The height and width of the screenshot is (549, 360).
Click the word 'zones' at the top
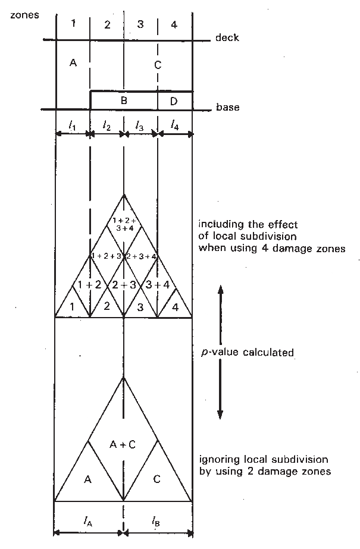tap(24, 15)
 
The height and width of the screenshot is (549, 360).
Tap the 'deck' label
tap(227, 37)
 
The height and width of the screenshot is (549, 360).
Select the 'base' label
tap(228, 107)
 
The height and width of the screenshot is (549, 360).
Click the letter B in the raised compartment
tap(124, 101)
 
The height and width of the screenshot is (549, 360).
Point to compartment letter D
tap(174, 101)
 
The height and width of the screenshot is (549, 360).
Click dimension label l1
tap(73, 126)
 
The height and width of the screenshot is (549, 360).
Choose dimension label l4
tap(174, 125)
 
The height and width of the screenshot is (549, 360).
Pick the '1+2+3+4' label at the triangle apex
tap(124, 224)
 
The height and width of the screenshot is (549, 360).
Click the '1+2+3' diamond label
tap(107, 256)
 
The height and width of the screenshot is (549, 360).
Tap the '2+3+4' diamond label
tap(141, 256)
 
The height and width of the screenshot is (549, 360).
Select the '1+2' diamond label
tap(89, 285)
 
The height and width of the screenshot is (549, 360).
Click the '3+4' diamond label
tap(158, 285)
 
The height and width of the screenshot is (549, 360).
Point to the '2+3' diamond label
tap(124, 285)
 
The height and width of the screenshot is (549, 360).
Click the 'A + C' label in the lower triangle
tap(123, 444)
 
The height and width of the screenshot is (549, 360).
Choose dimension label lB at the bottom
tap(156, 522)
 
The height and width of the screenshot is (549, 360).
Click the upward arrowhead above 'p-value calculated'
tap(220, 290)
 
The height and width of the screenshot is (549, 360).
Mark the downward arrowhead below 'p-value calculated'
tap(220, 414)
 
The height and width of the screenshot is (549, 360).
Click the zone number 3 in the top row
tap(140, 24)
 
